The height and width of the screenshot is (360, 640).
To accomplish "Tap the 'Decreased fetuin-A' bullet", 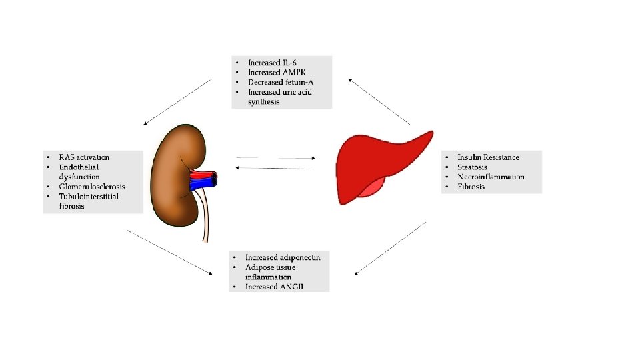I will click(279, 82).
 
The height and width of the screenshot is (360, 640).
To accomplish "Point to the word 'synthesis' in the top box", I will click(264, 102).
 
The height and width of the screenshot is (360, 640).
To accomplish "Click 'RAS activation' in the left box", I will click(84, 157).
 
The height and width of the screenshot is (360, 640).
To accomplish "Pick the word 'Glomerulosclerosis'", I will click(92, 187).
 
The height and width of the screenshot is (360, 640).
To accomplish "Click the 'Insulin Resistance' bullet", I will click(488, 157).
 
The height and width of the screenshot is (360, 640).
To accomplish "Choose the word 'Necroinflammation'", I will click(491, 177).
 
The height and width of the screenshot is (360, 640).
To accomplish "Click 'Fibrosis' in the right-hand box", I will click(471, 187).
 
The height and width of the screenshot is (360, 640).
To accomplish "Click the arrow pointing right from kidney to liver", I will click(276, 158).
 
